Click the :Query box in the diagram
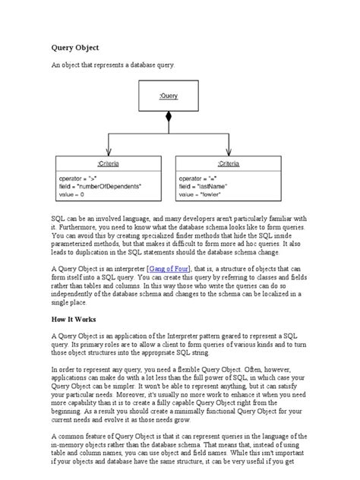pos(169,96)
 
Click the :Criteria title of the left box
pos(109,163)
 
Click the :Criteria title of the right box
pos(229,163)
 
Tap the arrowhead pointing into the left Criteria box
pos(109,153)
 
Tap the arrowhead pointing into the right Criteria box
pos(229,153)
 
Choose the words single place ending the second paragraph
pos(70,303)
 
